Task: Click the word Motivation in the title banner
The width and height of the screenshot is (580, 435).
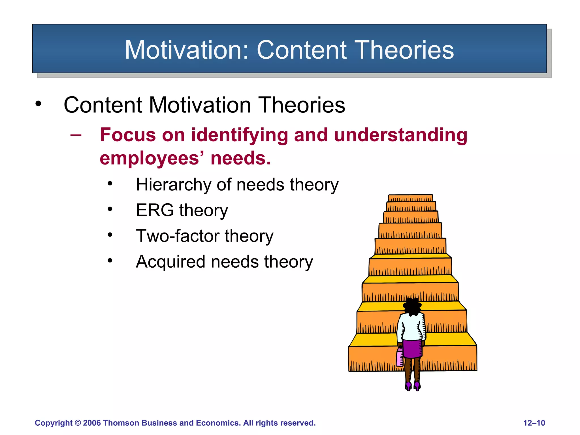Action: (186, 50)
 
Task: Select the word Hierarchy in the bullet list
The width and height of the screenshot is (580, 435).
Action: (173, 185)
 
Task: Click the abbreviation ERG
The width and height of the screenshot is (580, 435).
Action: (155, 210)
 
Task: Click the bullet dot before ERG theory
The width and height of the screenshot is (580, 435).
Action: (110, 210)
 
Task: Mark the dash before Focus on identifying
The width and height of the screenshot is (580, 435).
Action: (76, 135)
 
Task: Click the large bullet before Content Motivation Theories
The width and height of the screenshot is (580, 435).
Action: (38, 104)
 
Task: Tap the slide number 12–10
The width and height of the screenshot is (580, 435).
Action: (534, 423)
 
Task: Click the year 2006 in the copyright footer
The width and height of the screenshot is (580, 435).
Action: (92, 423)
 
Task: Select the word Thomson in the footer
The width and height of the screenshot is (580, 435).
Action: (121, 423)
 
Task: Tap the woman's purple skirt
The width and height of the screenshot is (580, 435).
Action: (412, 348)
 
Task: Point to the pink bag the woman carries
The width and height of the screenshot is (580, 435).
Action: (400, 357)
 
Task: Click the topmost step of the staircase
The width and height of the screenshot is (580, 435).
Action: (410, 198)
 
